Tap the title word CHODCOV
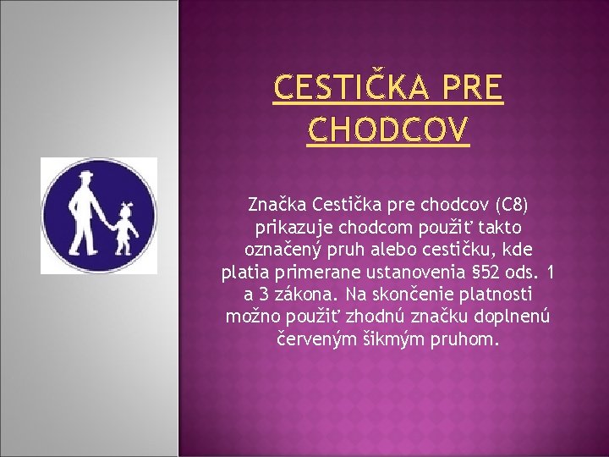388,130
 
